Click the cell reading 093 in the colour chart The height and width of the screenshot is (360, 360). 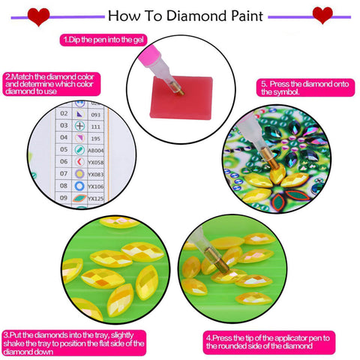[x=94, y=114]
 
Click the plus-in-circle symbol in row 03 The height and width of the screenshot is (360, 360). [x=80, y=125]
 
